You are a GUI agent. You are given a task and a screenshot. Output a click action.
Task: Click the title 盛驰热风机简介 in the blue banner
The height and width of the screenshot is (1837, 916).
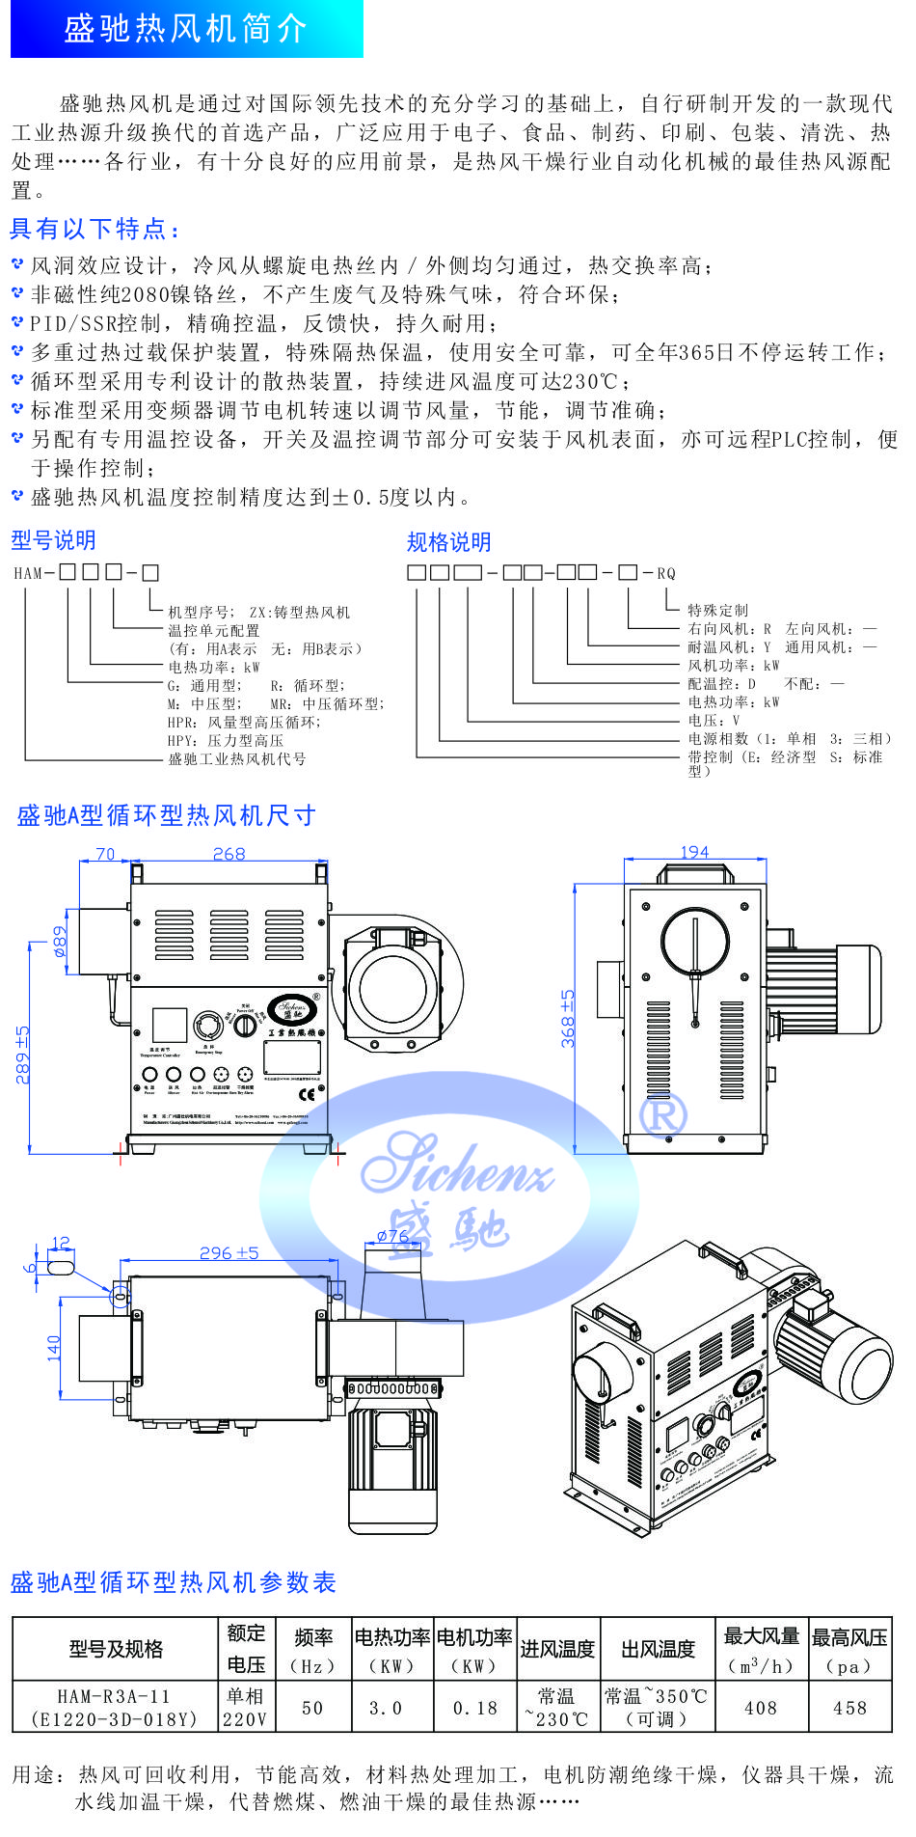(x=185, y=29)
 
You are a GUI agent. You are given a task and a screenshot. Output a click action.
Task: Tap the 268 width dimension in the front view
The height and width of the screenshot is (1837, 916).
(x=229, y=854)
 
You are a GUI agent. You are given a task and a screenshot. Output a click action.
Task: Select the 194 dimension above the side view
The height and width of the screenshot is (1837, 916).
(x=694, y=852)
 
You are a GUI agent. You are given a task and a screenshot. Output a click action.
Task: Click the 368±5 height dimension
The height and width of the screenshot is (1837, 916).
(x=568, y=1019)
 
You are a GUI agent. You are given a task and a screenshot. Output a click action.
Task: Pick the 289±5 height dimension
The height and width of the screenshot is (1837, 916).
(x=22, y=1055)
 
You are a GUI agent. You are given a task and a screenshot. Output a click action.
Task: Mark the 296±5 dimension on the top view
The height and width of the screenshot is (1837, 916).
(x=229, y=1252)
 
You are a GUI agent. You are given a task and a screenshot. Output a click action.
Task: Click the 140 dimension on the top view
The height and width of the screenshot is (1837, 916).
(x=54, y=1347)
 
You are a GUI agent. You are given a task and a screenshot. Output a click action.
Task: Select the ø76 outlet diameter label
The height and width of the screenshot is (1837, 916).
(x=392, y=1235)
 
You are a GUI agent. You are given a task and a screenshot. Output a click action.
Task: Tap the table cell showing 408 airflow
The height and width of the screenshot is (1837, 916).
(x=761, y=1708)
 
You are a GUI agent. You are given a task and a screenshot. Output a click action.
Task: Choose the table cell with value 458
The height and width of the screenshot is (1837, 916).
(x=849, y=1708)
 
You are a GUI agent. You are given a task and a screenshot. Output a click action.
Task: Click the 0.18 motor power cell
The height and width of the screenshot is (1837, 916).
(x=475, y=1708)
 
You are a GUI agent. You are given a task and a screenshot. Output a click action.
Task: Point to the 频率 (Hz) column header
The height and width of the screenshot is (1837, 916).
(x=312, y=1651)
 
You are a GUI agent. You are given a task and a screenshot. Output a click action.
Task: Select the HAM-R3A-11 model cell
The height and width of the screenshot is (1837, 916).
(x=114, y=1707)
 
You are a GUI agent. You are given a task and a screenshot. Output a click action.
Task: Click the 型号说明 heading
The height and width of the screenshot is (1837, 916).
(x=53, y=540)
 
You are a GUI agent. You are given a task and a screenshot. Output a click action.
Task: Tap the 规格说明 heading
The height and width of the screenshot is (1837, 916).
(x=448, y=542)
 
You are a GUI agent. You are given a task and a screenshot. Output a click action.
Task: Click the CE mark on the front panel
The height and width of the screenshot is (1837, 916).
(x=307, y=1094)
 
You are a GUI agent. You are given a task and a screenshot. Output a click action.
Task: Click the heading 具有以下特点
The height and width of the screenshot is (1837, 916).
(x=94, y=229)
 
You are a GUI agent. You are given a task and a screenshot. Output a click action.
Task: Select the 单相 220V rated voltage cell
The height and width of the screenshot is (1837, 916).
(x=245, y=1707)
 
